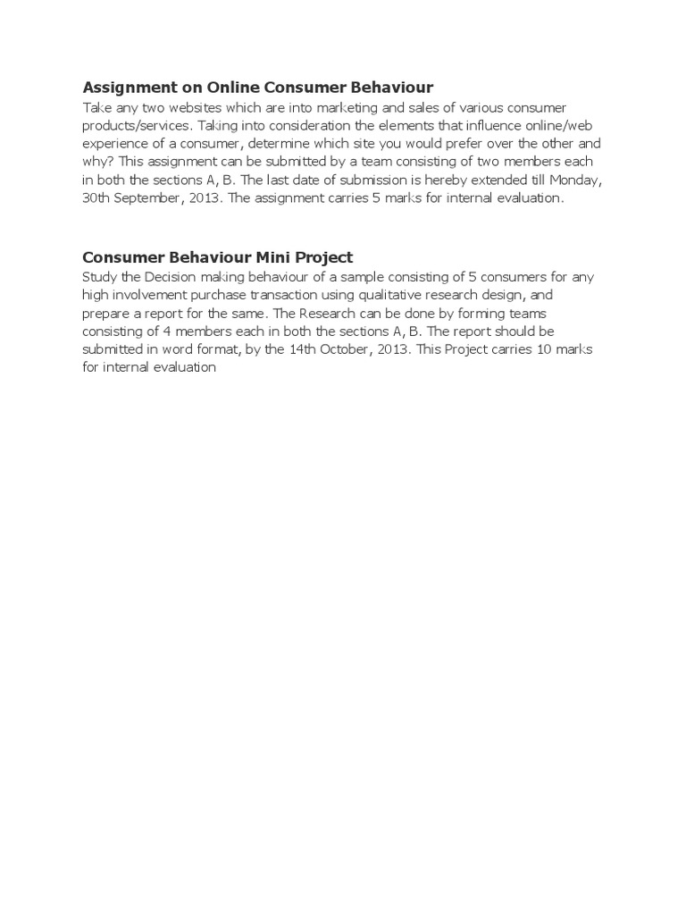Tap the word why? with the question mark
pyautogui.click(x=97, y=162)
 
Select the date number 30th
pyautogui.click(x=96, y=198)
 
